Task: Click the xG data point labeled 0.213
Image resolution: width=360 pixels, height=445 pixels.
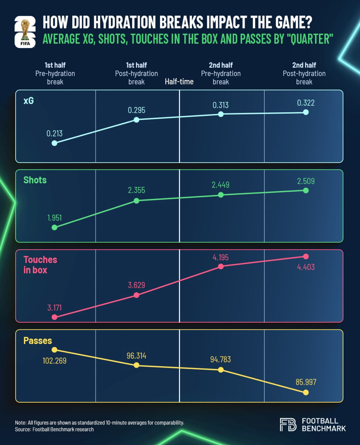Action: tap(54, 143)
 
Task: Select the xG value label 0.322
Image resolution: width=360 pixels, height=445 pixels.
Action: tap(306, 103)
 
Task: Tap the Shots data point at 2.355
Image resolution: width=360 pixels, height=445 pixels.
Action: tap(136, 201)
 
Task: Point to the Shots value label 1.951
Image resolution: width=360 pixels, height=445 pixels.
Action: tap(54, 218)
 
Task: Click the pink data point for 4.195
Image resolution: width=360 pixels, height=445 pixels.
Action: tap(221, 266)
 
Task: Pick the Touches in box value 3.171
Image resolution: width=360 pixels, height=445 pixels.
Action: tap(54, 308)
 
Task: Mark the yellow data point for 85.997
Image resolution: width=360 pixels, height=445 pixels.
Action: tap(306, 393)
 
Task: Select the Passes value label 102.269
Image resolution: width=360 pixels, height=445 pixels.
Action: tap(54, 361)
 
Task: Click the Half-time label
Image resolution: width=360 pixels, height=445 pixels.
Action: tap(179, 81)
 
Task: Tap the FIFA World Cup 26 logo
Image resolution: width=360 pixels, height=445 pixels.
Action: tap(25, 32)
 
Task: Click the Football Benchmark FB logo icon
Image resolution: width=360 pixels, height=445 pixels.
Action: tap(288, 425)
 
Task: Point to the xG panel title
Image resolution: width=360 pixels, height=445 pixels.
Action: tap(29, 101)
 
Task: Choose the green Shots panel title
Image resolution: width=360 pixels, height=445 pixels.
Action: tap(35, 180)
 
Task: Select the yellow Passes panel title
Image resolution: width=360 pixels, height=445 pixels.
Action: tap(38, 341)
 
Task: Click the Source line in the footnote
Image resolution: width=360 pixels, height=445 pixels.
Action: tap(54, 429)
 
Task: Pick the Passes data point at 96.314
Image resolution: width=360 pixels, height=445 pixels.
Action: tap(136, 365)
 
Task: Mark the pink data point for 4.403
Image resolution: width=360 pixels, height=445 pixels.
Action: tap(306, 256)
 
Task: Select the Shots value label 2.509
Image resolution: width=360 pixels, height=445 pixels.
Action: tap(306, 181)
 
